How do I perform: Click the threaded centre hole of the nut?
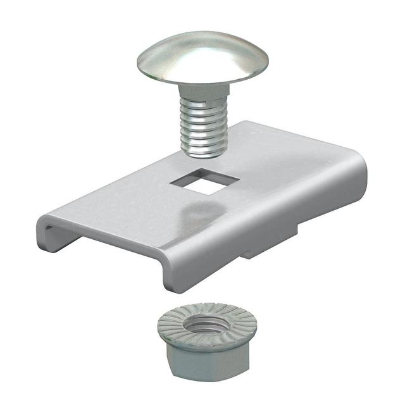(x=206, y=328)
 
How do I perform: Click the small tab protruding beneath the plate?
(x=256, y=252)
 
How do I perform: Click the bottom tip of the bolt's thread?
(x=204, y=153)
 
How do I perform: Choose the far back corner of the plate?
(x=250, y=124)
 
